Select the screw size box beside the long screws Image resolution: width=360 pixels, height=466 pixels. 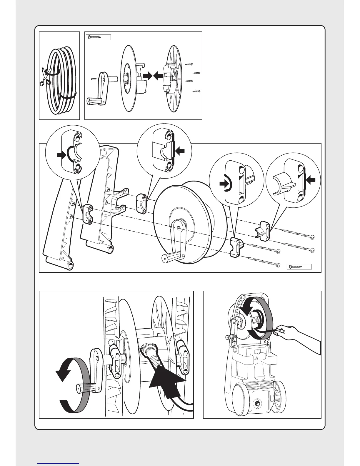point(299,267)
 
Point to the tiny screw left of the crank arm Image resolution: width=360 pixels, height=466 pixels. point(93,79)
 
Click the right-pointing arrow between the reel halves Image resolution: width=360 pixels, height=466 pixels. point(148,76)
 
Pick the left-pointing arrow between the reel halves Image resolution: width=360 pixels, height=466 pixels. point(158,76)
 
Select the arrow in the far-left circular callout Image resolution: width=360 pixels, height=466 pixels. point(62,155)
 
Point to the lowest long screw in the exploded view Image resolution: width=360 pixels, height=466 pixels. point(264,262)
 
